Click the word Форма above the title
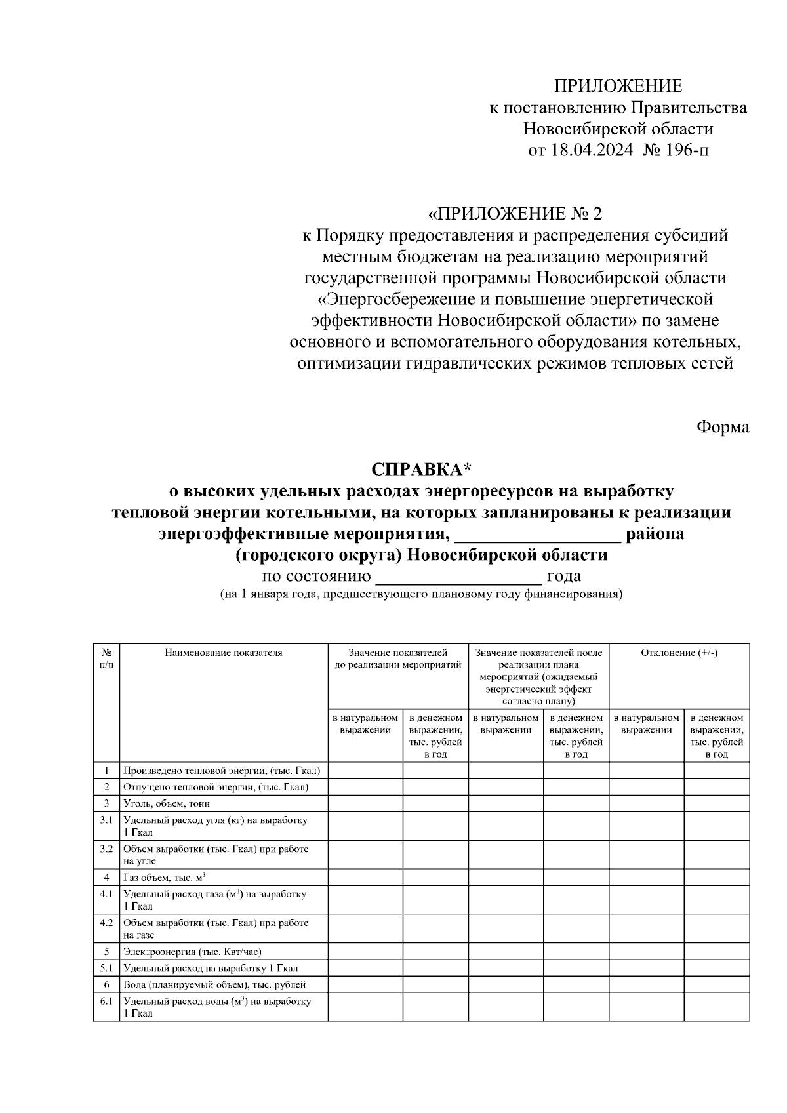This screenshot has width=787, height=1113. [x=722, y=428]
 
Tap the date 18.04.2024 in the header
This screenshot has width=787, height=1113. [x=592, y=150]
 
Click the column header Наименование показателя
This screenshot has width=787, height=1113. [x=224, y=653]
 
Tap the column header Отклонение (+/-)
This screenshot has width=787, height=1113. [x=679, y=653]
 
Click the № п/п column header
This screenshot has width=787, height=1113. [x=106, y=658]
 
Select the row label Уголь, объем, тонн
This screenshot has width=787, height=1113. [x=167, y=803]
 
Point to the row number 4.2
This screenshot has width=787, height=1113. [x=106, y=923]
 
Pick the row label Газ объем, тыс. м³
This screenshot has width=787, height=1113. [x=165, y=878]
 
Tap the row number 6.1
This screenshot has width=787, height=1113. [x=106, y=1002]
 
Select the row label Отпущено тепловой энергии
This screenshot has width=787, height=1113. [x=216, y=787]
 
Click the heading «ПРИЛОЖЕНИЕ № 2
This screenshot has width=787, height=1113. [x=514, y=214]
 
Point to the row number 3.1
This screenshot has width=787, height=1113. [x=106, y=820]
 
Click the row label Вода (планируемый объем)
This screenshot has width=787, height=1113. [x=214, y=984]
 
